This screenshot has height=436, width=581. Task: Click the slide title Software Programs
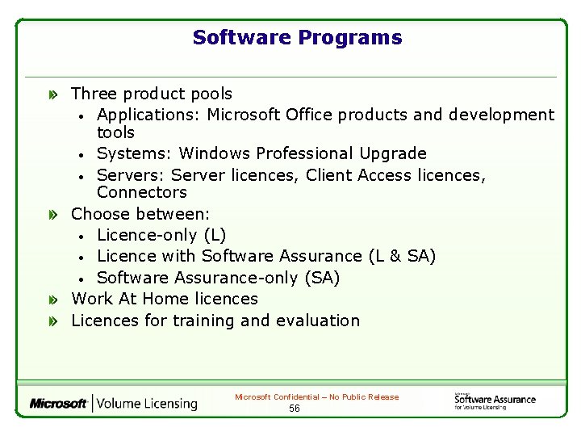coord(297,38)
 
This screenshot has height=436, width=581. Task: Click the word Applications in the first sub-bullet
coord(148,115)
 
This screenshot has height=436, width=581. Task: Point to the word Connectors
coord(141,192)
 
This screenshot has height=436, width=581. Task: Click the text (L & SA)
coord(402,256)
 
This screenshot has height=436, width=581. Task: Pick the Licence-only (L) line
coord(161,235)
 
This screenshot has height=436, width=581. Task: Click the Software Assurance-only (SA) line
coord(218,278)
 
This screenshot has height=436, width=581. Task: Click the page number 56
coord(295,409)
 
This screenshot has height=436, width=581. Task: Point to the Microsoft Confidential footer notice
coord(316,397)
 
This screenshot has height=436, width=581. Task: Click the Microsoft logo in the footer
coord(59,404)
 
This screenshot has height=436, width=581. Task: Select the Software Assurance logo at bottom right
coord(494,400)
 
